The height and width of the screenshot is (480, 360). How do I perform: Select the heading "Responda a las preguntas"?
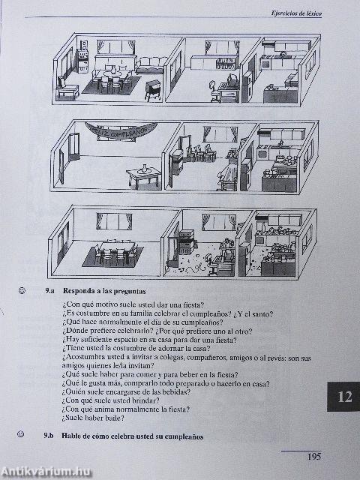click(104, 289)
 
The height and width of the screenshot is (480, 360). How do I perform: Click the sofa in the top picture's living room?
click(151, 65)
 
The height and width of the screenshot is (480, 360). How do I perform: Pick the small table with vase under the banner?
click(143, 176)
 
